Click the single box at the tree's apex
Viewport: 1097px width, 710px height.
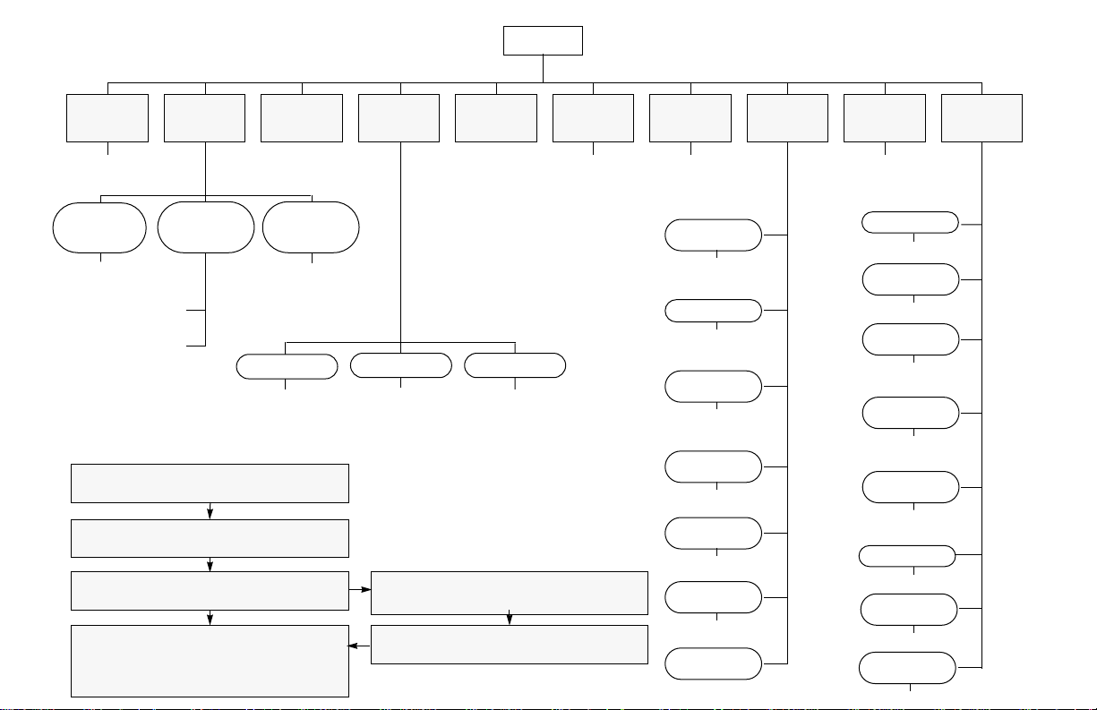point(543,40)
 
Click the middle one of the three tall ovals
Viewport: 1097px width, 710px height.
point(205,227)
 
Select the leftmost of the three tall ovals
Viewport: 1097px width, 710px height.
point(99,227)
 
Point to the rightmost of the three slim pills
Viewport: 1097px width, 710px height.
point(515,365)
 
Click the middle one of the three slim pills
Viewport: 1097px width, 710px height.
point(400,365)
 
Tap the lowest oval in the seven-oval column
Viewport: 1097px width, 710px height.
point(714,663)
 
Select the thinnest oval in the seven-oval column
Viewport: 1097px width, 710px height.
point(714,311)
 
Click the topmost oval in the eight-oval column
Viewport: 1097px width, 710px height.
point(910,222)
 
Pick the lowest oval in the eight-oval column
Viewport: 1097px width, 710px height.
point(907,668)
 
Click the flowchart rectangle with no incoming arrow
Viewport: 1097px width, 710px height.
point(210,483)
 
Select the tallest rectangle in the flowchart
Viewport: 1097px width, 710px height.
point(210,661)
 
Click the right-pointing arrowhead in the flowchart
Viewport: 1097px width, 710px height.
point(366,591)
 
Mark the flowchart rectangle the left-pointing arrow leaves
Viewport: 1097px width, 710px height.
point(509,645)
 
